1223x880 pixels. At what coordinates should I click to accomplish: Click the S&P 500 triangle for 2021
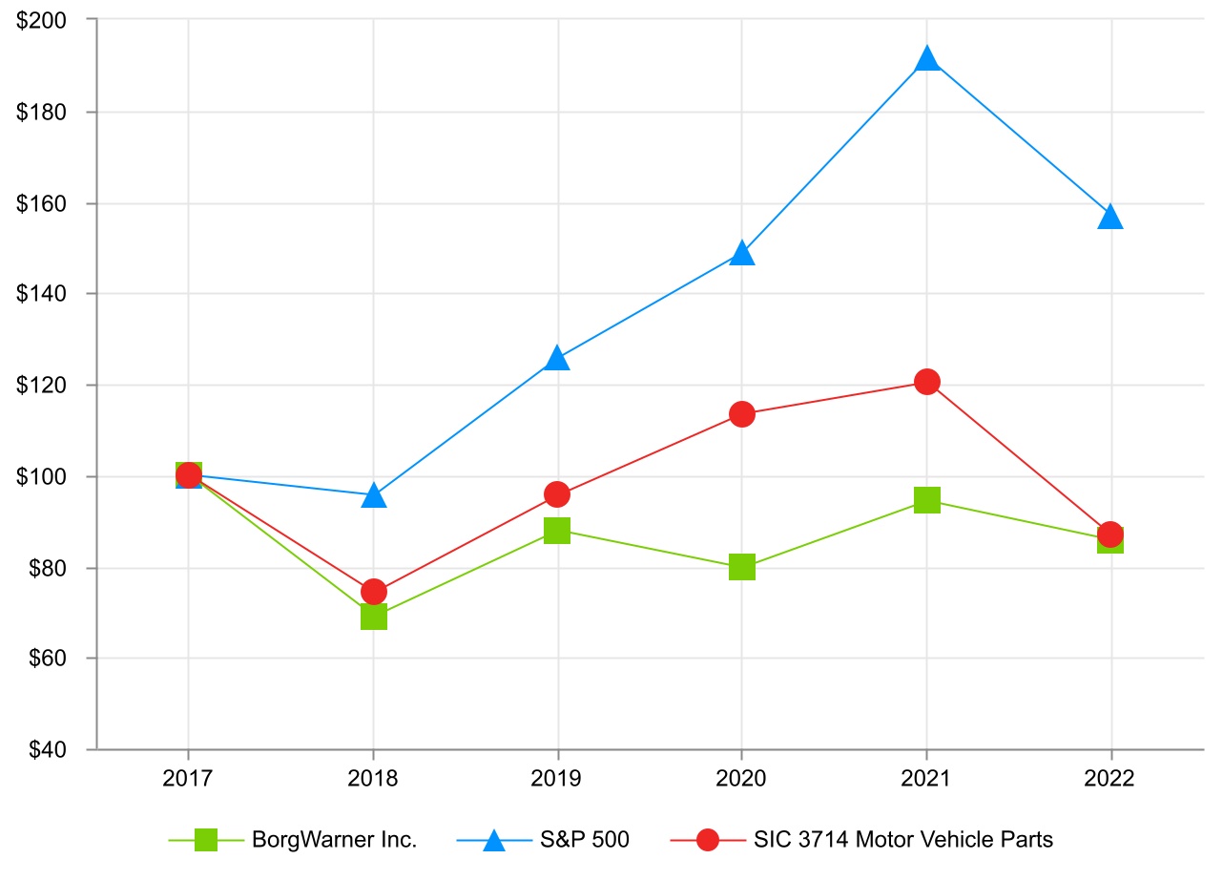(926, 60)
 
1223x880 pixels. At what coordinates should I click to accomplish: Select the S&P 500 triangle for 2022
(1109, 218)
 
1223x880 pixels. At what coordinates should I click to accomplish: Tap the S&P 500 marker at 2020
(742, 254)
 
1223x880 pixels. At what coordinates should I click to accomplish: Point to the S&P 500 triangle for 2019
(557, 359)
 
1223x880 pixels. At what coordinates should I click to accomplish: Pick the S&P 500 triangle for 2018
(374, 496)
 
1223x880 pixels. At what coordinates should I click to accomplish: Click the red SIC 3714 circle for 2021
(926, 382)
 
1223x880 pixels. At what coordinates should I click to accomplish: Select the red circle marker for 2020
(742, 414)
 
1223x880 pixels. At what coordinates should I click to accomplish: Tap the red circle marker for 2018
(374, 592)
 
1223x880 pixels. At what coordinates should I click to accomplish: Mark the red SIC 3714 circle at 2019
(557, 494)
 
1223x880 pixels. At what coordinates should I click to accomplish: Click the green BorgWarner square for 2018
(374, 617)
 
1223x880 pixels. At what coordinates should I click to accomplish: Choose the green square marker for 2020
(742, 567)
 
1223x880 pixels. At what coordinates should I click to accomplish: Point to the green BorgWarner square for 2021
(926, 500)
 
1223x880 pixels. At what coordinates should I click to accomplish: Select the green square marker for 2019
(557, 531)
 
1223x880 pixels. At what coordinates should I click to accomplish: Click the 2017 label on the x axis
(188, 779)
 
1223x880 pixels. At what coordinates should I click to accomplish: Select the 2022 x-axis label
(1109, 779)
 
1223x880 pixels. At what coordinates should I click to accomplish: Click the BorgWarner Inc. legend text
(335, 840)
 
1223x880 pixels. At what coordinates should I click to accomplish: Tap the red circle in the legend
(707, 840)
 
